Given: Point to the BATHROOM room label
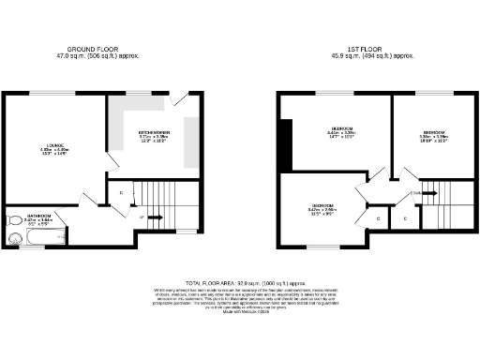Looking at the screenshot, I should click(x=38, y=216).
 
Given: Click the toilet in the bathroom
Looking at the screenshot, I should click(x=15, y=221).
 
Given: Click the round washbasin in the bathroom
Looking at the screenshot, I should click(x=14, y=238).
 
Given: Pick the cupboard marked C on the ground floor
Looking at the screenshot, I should click(x=121, y=194).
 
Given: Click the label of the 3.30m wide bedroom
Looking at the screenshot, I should click(x=432, y=134).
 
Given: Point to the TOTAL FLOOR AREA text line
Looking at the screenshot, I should click(x=240, y=281).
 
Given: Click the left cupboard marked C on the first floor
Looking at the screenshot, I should click(x=378, y=218).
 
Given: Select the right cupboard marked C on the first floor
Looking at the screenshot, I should click(x=405, y=219).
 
